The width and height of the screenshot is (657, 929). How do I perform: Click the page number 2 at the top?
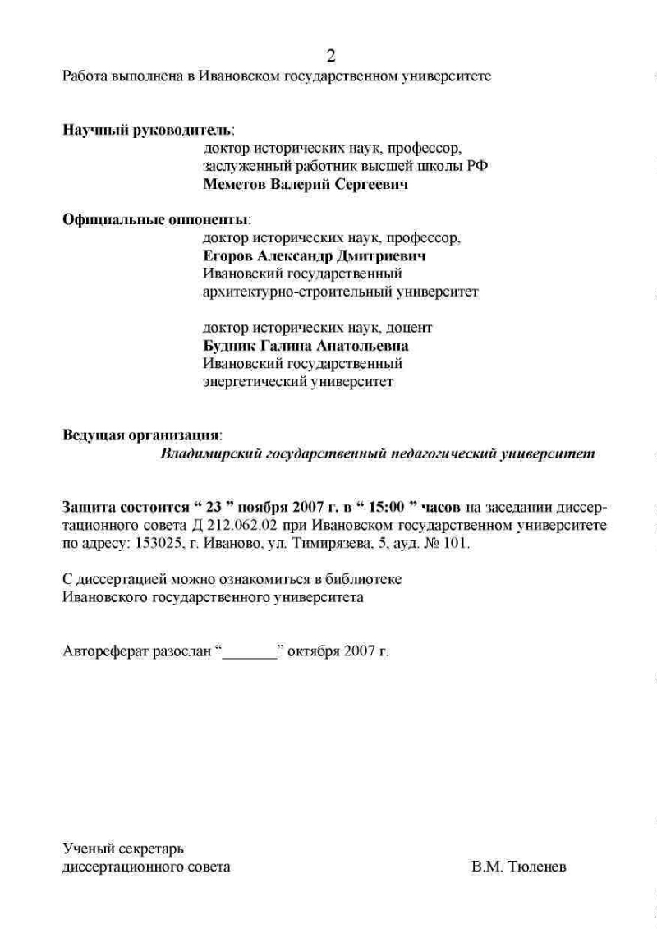pyautogui.click(x=331, y=56)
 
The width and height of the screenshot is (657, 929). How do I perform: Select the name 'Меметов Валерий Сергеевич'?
pyautogui.click(x=306, y=185)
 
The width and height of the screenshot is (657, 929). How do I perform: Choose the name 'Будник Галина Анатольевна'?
pyautogui.click(x=306, y=346)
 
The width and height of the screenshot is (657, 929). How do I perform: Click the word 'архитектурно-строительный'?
pyautogui.click(x=283, y=292)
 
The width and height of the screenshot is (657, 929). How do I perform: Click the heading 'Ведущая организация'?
pyautogui.click(x=141, y=435)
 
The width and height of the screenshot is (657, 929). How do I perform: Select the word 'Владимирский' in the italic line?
pyautogui.click(x=209, y=453)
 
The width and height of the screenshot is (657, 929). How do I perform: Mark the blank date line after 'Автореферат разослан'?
pyautogui.click(x=250, y=653)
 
